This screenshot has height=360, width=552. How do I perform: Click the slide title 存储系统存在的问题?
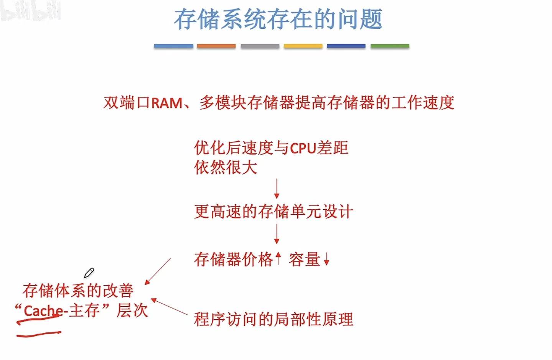[x=278, y=19]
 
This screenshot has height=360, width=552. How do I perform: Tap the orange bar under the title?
[x=216, y=46]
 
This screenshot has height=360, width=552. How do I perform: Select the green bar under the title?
[x=390, y=46]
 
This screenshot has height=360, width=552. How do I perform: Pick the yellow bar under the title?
[x=303, y=46]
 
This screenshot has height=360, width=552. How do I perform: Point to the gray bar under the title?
[x=260, y=46]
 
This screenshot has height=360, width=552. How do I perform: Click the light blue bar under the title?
[x=173, y=46]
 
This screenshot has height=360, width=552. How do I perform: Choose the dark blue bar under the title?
[x=346, y=46]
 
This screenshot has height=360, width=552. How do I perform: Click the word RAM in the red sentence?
[x=167, y=103]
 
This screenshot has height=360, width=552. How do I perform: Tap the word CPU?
[x=303, y=148]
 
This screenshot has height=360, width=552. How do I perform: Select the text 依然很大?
[x=226, y=168]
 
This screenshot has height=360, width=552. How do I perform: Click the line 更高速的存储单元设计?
[x=273, y=212]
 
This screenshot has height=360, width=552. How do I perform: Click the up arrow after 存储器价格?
[x=278, y=259]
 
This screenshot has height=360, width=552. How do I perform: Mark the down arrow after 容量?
[x=326, y=260]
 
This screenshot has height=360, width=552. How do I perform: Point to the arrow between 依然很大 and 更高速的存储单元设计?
[x=277, y=188]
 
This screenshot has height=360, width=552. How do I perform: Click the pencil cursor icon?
[x=89, y=273]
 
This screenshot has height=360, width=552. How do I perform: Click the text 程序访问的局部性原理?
[x=273, y=319]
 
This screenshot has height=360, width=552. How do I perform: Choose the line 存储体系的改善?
[x=78, y=291]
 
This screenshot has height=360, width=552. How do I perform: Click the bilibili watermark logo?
[x=31, y=12]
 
